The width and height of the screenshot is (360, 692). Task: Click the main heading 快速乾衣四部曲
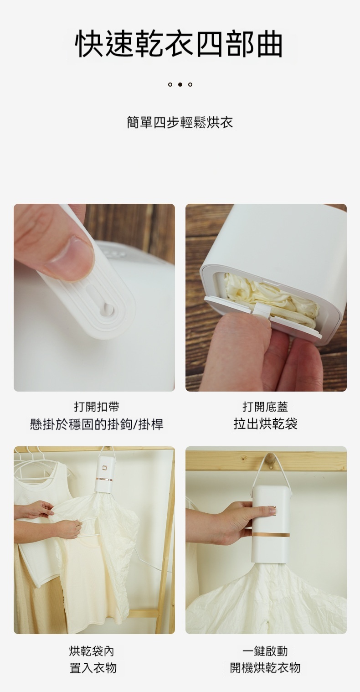(179, 44)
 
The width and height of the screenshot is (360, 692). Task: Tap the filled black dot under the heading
(180, 84)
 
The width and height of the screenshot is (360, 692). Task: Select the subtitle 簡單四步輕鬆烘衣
(180, 122)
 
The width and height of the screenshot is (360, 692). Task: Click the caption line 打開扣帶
(97, 407)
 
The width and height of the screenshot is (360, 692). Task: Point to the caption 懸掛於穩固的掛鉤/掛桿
(96, 424)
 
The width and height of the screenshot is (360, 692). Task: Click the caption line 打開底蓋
(265, 407)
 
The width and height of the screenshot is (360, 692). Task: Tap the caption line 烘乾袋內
(91, 651)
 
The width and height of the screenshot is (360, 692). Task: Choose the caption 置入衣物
(93, 668)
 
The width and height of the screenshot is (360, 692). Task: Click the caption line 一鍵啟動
(265, 651)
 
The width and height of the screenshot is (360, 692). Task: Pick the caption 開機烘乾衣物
(265, 668)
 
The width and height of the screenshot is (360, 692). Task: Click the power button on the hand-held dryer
(274, 511)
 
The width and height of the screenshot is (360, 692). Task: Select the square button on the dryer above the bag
(104, 467)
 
